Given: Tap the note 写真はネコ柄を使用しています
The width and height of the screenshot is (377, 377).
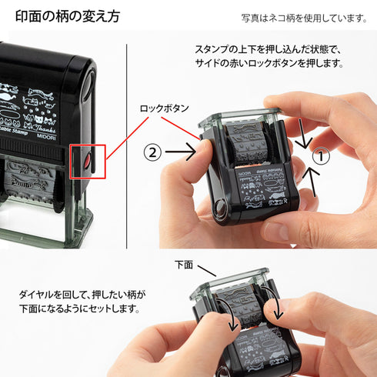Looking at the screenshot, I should [304, 17].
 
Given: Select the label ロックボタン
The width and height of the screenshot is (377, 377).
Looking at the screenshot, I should [163, 109].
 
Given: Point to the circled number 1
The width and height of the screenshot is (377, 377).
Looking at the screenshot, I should [322, 154].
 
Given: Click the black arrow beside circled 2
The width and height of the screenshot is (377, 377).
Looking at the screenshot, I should [185, 153].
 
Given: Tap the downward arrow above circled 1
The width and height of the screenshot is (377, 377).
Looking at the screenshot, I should [303, 136].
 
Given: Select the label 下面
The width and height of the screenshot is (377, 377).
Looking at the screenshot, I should [182, 265].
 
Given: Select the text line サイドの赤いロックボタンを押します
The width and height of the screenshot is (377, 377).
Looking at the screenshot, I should [269, 63].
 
